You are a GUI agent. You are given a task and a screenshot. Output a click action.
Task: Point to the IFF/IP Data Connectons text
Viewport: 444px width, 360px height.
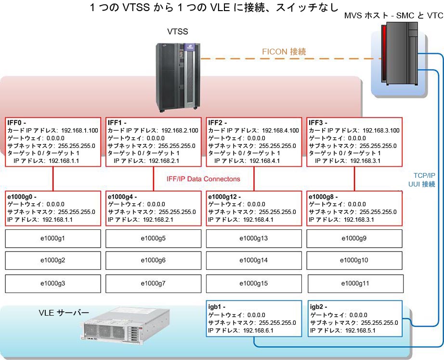coord(200,179)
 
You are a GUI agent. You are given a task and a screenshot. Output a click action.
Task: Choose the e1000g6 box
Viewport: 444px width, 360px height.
coord(153,260)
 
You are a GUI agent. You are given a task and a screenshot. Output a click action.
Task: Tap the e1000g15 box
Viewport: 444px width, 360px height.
coord(253,283)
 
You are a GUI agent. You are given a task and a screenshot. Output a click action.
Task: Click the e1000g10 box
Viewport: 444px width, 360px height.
coord(354,260)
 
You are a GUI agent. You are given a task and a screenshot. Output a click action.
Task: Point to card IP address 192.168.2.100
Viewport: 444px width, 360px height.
coord(179,131)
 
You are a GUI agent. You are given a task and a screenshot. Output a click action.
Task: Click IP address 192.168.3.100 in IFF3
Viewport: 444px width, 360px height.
coord(380,131)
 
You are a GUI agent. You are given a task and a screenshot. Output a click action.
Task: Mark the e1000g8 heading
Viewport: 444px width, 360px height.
coord(324,197)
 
